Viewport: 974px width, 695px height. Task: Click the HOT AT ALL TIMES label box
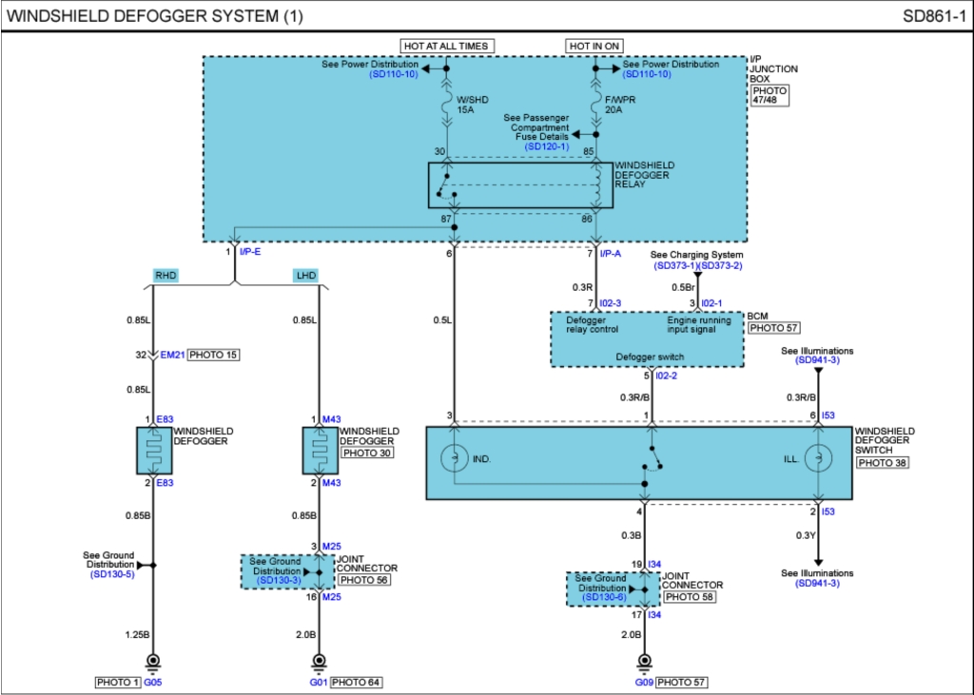[446, 46]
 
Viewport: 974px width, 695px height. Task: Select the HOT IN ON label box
[595, 46]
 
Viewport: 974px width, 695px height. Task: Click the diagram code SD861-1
[934, 16]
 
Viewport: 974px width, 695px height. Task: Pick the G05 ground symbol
[152, 662]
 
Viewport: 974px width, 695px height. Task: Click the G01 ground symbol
[319, 662]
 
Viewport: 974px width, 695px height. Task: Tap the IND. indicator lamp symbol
[455, 459]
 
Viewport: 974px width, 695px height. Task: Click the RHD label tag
[166, 275]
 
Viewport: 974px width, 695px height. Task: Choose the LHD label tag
[305, 275]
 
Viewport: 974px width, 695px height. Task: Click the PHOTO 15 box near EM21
[213, 355]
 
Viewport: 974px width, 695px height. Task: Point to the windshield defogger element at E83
[152, 450]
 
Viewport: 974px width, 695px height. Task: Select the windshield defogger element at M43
[319, 450]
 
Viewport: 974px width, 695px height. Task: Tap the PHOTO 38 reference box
[880, 462]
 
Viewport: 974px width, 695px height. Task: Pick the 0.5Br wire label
[682, 288]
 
